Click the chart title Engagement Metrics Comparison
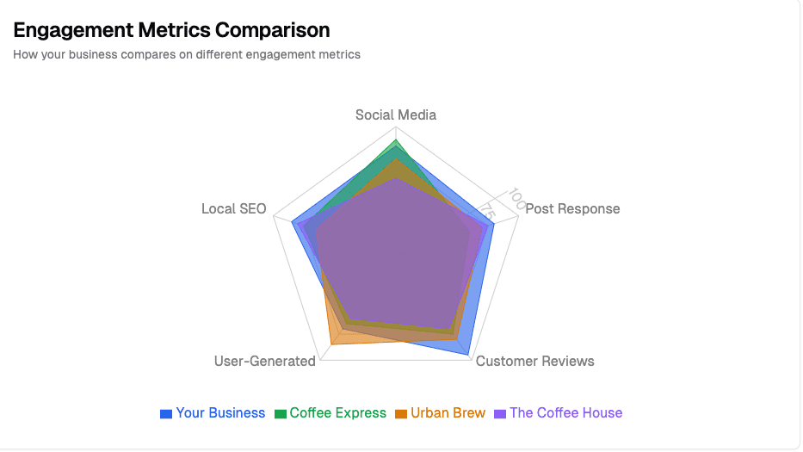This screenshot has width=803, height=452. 171,30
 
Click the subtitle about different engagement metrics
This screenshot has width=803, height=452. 187,54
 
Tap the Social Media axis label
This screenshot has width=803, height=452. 396,115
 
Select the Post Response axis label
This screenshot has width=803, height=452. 572,209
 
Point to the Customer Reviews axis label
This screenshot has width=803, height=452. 534,362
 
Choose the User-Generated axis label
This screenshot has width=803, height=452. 265,362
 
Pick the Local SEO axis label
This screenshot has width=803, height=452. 234,209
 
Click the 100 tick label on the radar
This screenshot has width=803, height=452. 516,197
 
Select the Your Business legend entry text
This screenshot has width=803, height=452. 220,413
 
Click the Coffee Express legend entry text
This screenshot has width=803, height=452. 337,413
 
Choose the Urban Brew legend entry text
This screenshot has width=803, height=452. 448,413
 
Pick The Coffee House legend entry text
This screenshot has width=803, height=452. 565,413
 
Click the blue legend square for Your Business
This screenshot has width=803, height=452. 166,414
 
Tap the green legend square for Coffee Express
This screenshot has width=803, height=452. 280,414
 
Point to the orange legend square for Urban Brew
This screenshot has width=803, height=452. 400,414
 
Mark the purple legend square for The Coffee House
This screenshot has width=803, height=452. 500,414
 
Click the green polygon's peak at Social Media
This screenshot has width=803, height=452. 396,139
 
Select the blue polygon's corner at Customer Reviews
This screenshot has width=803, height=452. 468,355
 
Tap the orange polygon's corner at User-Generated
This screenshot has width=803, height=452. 331,344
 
